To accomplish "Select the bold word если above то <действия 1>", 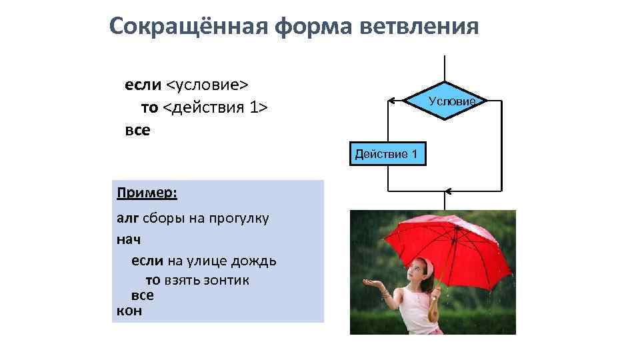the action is click(x=143, y=85).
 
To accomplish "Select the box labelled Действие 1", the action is click(x=386, y=155).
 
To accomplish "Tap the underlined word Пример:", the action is click(x=147, y=193).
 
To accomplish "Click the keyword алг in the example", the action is click(x=127, y=218).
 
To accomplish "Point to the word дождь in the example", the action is click(x=256, y=260).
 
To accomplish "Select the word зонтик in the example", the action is click(x=227, y=280).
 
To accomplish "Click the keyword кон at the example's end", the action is click(x=129, y=310).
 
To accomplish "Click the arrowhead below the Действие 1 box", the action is click(x=449, y=192).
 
